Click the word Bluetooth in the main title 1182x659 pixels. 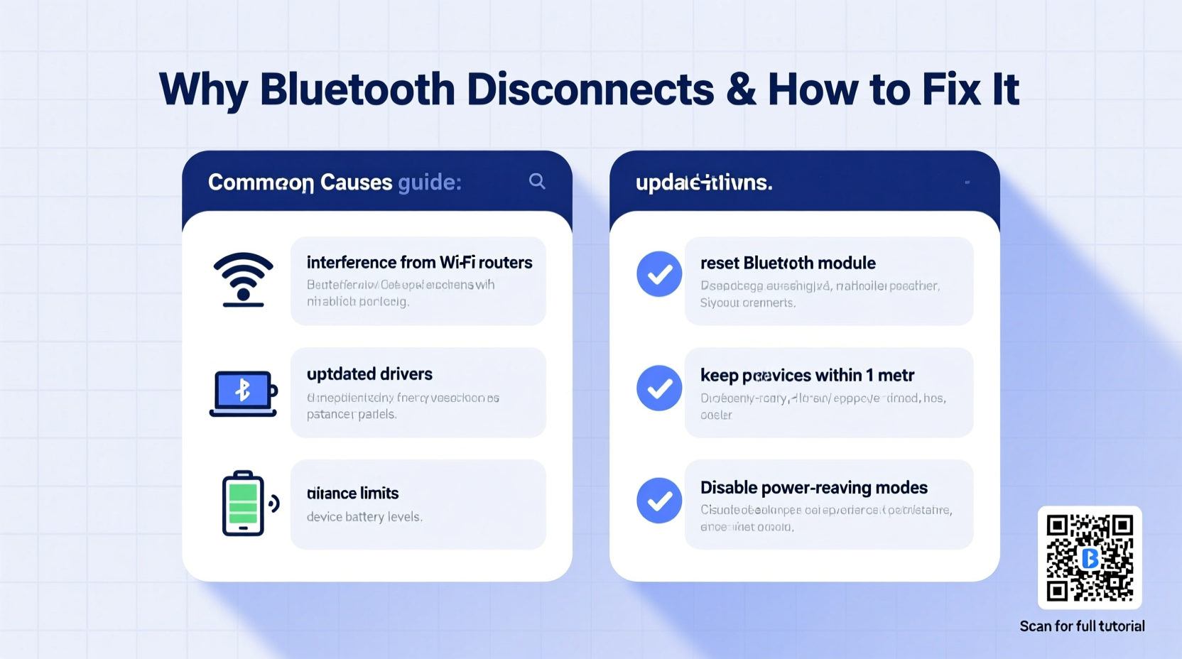[357, 89]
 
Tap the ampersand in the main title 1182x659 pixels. [741, 89]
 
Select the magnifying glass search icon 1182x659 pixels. [537, 182]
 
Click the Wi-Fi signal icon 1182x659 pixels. [243, 280]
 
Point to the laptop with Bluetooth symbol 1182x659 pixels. [243, 393]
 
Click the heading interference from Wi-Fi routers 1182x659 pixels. [419, 263]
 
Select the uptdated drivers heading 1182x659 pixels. [369, 374]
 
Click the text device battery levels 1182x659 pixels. [364, 517]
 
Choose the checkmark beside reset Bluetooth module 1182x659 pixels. [659, 274]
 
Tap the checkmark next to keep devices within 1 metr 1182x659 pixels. [659, 388]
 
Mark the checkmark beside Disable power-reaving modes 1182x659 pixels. [659, 500]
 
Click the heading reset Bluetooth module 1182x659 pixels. [788, 263]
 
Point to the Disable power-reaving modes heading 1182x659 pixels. [814, 488]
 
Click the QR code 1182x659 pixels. [1090, 557]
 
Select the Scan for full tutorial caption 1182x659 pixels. [1082, 626]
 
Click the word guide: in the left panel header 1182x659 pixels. [430, 183]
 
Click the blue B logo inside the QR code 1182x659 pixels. [1090, 558]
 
